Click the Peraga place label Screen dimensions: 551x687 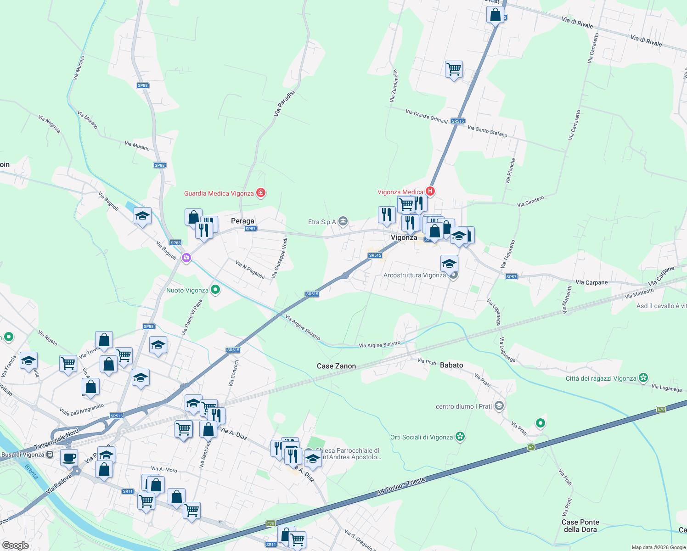pos(242,221)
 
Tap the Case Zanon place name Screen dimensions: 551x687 pos(336,366)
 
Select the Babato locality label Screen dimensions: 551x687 pos(451,365)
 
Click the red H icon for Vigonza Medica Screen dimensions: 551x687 pos(430,191)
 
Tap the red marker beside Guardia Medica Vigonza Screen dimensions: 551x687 pos(261,192)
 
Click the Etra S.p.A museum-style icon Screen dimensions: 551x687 pos(343,222)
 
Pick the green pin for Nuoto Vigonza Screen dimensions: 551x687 pos(215,290)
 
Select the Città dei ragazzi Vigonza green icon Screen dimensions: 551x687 pos(643,378)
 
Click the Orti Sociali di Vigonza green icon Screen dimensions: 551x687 pos(460,437)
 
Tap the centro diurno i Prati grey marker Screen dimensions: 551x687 pos(500,406)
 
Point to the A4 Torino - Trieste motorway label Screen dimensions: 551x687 pos(401,485)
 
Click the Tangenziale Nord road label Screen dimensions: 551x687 pos(56,439)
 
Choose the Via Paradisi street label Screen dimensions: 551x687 pos(284,102)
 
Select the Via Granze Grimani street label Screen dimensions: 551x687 pos(427,116)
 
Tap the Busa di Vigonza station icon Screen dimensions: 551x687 pos(50,455)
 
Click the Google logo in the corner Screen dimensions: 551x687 pos(15,545)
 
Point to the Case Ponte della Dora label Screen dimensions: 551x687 pos(580,526)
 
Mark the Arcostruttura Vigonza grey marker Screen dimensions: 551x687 pos(453,275)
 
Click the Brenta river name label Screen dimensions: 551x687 pos(32,472)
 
